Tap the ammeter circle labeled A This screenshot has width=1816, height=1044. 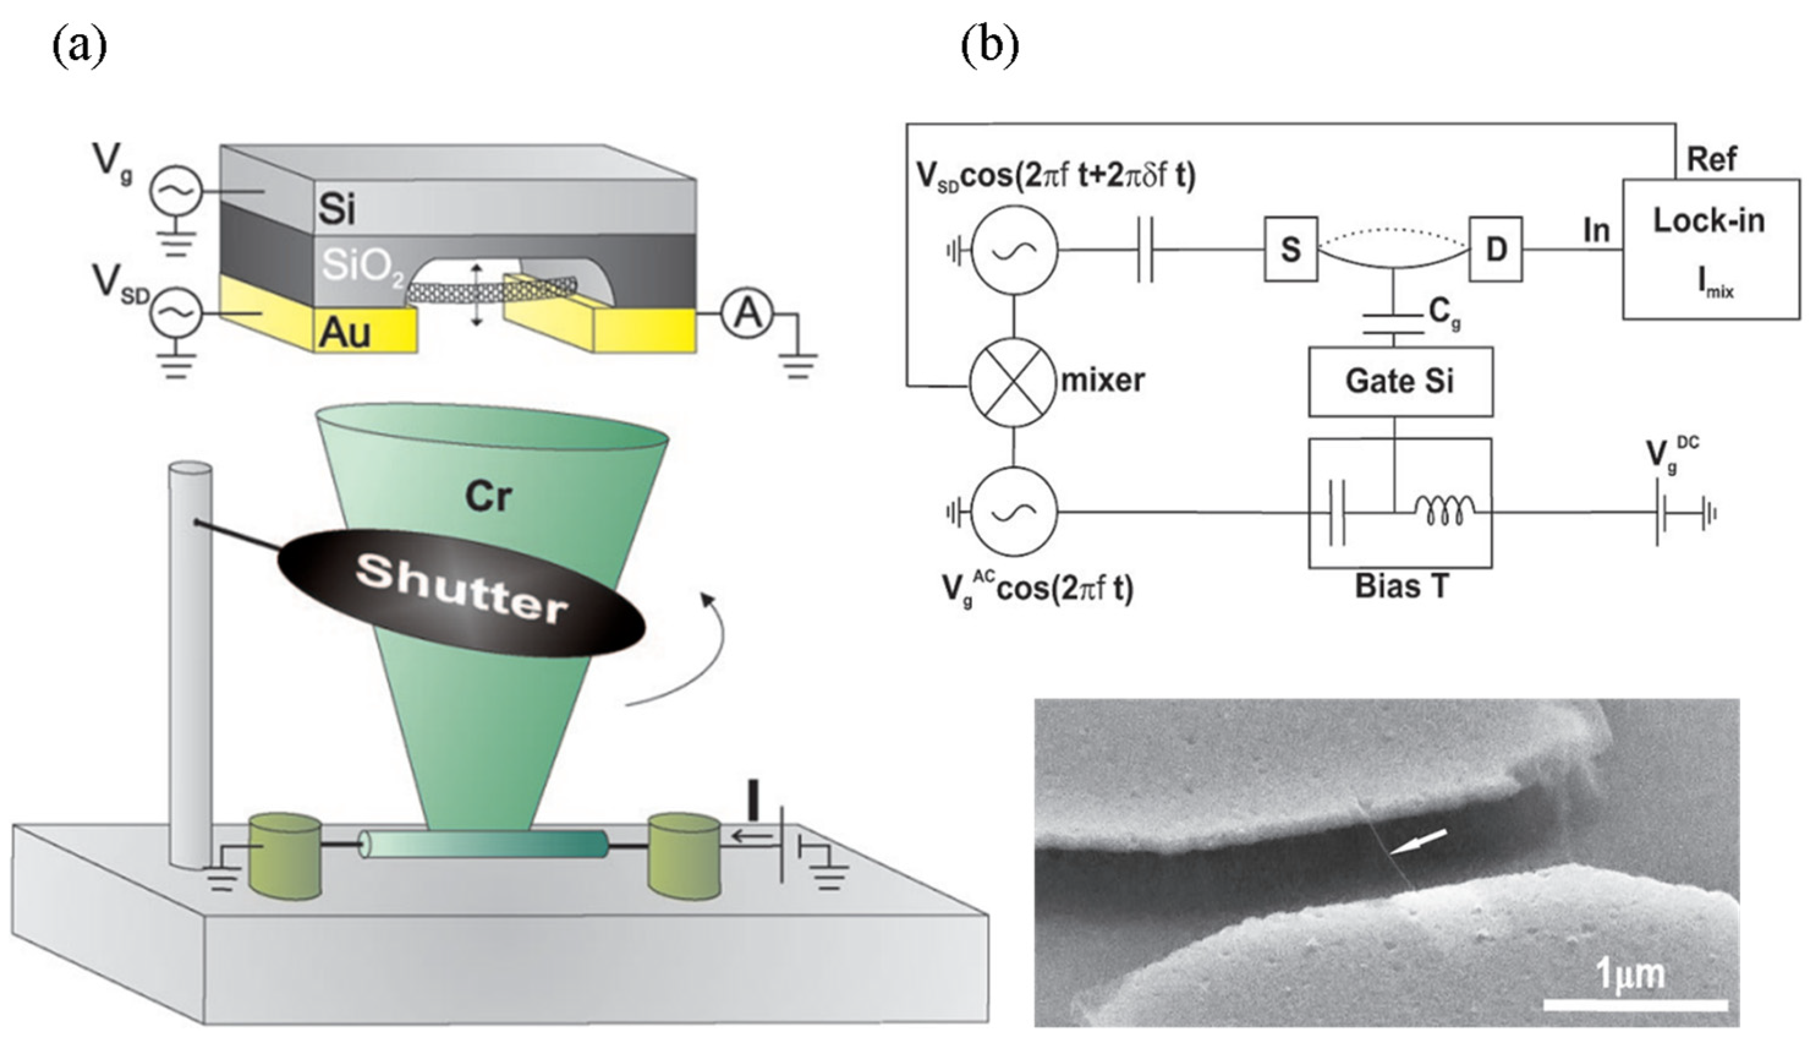click(x=747, y=314)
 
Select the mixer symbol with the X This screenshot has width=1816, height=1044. click(x=1013, y=381)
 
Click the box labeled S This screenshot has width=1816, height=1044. click(x=1290, y=249)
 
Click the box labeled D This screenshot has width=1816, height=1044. click(x=1496, y=249)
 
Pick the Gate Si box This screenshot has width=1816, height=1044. click(x=1400, y=381)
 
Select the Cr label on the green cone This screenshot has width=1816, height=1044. click(x=489, y=497)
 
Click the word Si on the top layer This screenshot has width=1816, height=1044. click(x=337, y=210)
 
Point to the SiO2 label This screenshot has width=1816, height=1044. click(x=362, y=267)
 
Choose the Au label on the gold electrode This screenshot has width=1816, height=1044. click(x=345, y=332)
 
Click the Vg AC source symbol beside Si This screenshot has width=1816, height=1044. click(x=175, y=191)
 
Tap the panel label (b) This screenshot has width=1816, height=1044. click(x=990, y=46)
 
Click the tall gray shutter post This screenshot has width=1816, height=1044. click(x=190, y=660)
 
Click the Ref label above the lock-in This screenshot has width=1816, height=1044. click(x=1712, y=159)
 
